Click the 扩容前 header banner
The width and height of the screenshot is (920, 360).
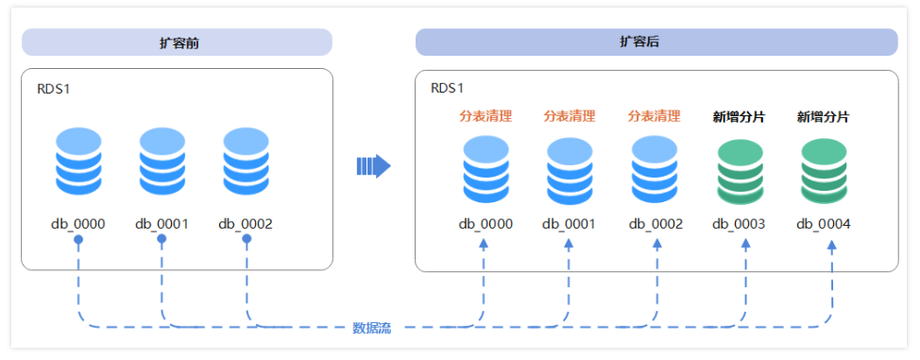(x=177, y=43)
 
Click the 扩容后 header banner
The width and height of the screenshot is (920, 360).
(x=656, y=43)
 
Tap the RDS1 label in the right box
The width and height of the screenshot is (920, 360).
(x=448, y=89)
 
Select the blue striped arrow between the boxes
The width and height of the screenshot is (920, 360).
(x=373, y=166)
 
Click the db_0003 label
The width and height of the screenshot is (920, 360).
(x=739, y=224)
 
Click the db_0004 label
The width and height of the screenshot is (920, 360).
(x=823, y=224)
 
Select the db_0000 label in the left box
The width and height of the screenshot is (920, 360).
(x=77, y=224)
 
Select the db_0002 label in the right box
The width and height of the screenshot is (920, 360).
(x=656, y=224)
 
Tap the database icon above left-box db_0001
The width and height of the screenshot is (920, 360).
(x=162, y=161)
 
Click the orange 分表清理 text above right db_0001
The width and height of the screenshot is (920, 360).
(x=570, y=116)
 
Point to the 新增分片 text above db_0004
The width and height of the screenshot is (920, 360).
(x=823, y=116)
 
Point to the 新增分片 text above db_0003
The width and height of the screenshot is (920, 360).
(x=739, y=116)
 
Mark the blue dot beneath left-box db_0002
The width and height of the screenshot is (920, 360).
(x=247, y=240)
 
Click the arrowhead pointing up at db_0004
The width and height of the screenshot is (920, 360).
(x=832, y=244)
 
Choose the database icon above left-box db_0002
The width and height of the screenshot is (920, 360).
(x=246, y=161)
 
